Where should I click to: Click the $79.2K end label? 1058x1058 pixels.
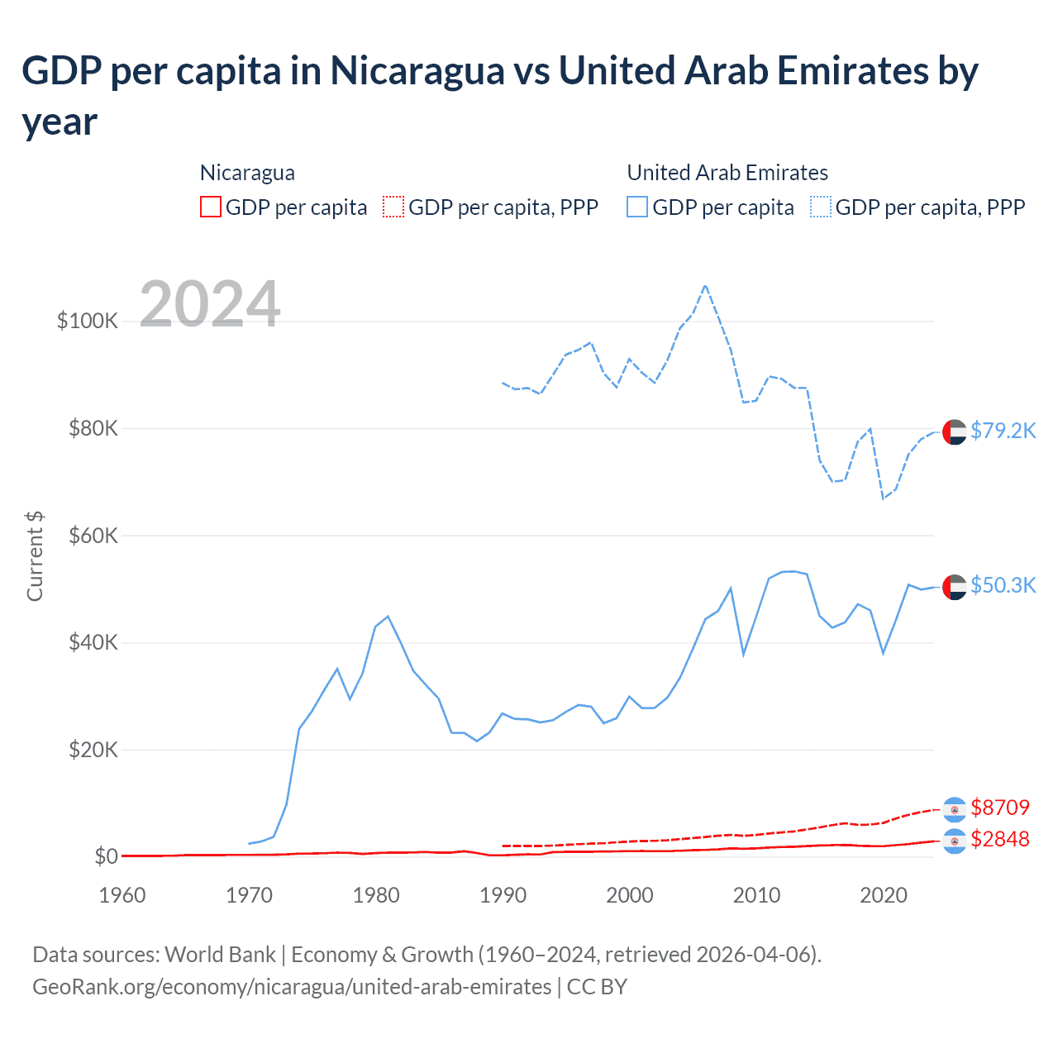click(1003, 431)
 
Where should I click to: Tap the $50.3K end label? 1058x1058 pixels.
click(1003, 585)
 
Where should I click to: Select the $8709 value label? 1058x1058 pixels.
click(1000, 808)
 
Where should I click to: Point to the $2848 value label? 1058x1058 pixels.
click(1000, 839)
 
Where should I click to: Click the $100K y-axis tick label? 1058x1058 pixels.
click(88, 321)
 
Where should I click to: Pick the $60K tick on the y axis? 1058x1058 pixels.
click(93, 536)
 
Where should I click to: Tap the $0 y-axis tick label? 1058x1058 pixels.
click(106, 856)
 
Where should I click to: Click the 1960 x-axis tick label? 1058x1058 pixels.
click(122, 895)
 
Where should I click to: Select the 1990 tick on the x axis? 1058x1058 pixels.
click(503, 895)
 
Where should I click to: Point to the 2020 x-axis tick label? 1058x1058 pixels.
click(884, 895)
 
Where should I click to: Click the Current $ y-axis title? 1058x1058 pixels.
click(35, 556)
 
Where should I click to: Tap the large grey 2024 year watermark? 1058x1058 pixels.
click(210, 304)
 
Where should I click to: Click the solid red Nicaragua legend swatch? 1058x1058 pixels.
click(211, 207)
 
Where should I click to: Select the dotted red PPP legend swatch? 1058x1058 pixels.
click(393, 207)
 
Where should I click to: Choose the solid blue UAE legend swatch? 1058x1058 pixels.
click(637, 207)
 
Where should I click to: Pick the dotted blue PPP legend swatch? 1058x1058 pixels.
click(821, 207)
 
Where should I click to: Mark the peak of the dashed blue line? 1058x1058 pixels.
click(705, 286)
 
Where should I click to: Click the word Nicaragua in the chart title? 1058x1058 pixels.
click(417, 71)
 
